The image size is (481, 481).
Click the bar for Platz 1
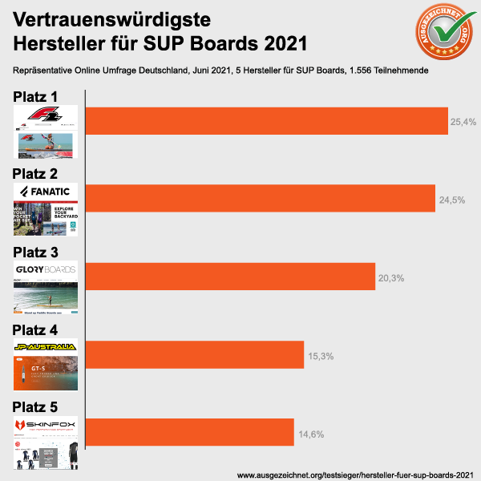click(266, 120)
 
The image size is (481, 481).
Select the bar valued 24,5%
click(261, 198)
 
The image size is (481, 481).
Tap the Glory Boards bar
click(230, 277)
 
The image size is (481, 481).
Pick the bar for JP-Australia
click(194, 354)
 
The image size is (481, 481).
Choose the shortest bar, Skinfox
click(189, 432)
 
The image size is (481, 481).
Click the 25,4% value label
click(464, 122)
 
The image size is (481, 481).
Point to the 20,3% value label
click(390, 278)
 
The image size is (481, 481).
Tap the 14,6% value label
click(310, 434)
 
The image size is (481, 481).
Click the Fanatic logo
click(45, 192)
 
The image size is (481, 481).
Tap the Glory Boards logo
click(45, 269)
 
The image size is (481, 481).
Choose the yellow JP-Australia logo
click(45, 347)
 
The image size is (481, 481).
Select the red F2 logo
click(45, 117)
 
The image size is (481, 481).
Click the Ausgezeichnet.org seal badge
click(440, 34)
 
